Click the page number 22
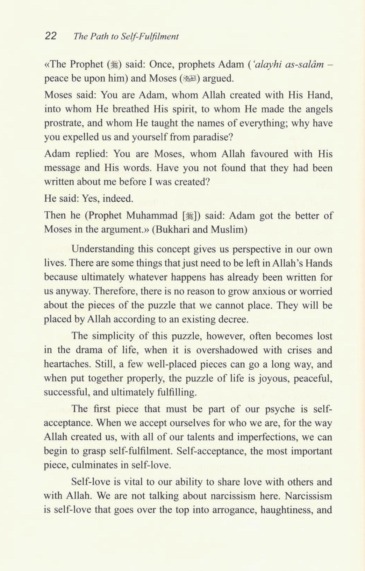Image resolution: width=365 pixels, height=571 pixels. [x=51, y=36]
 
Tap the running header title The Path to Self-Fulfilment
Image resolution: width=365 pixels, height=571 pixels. [x=126, y=36]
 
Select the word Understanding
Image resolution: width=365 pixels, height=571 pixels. [x=103, y=249]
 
